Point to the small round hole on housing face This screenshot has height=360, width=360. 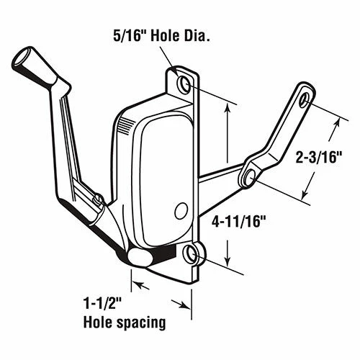180,210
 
